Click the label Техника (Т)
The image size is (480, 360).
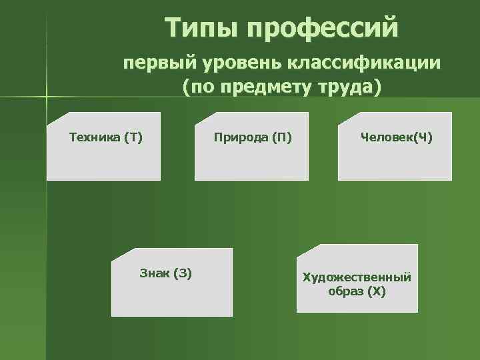coord(106,138)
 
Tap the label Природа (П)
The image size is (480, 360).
coord(253,138)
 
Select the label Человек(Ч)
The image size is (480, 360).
coord(396,138)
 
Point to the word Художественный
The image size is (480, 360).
coord(357,277)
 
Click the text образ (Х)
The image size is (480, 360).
coord(357,292)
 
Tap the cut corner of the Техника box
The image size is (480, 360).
coord(53,119)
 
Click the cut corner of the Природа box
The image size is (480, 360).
coord(202,119)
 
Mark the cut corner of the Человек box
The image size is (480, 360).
coord(345,119)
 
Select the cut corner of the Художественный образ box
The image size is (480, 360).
coord(303,251)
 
